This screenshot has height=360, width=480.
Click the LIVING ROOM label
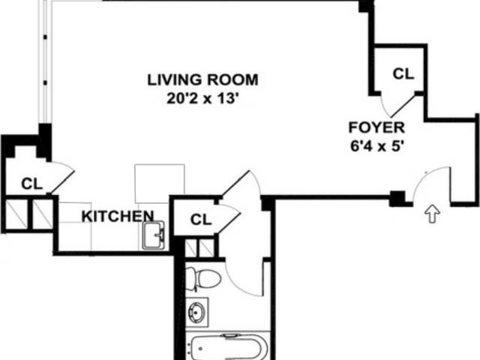[202, 80]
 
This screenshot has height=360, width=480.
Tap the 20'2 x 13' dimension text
[202, 98]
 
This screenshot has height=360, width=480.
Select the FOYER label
[376, 127]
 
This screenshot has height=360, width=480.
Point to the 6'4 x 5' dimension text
[376, 146]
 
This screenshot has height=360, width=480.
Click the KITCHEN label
[118, 216]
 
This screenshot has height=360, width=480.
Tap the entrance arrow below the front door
[432, 214]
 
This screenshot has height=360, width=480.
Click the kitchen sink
[154, 235]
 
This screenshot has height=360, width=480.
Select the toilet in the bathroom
[202, 278]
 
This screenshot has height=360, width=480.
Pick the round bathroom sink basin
[196, 312]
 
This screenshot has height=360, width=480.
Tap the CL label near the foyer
[403, 73]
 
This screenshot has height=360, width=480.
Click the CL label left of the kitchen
[31, 184]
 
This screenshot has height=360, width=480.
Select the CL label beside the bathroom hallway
[201, 219]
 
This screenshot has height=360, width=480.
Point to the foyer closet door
[403, 106]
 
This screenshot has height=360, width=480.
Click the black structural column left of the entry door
[397, 198]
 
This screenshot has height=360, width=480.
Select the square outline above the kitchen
[160, 180]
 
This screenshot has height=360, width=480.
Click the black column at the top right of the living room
[367, 6]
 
